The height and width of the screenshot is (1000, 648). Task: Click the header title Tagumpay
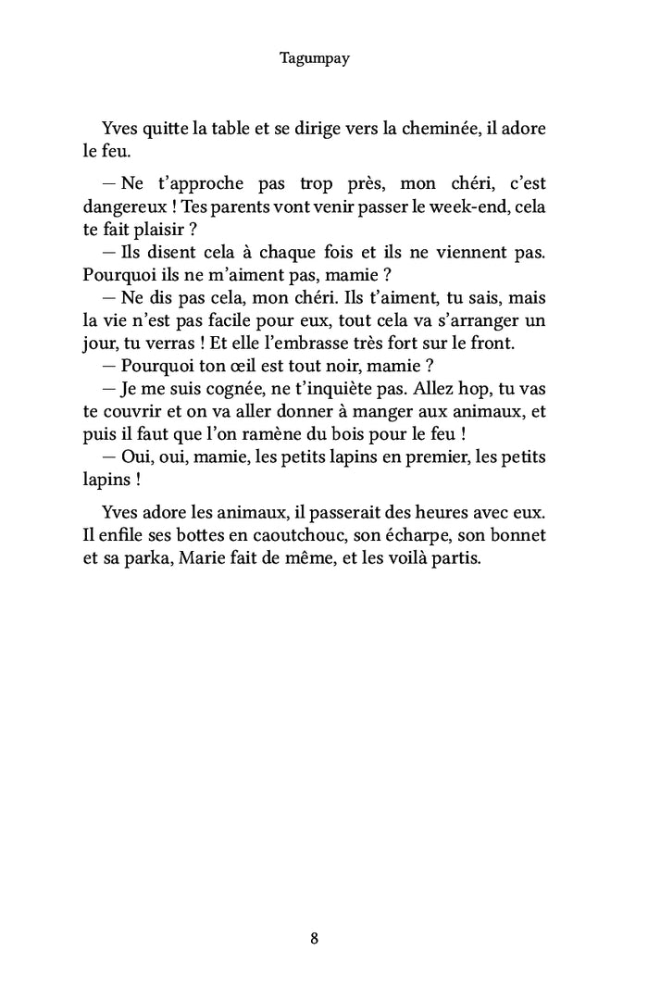tap(314, 57)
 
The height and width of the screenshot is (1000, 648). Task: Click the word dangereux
tap(118, 206)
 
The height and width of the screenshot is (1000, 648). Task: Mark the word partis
tap(456, 557)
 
